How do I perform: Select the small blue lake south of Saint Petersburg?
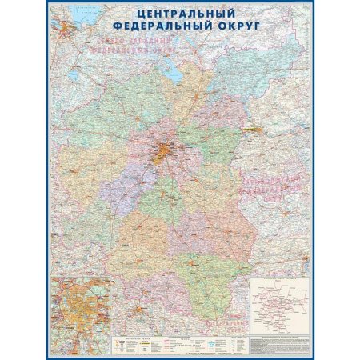74,78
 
